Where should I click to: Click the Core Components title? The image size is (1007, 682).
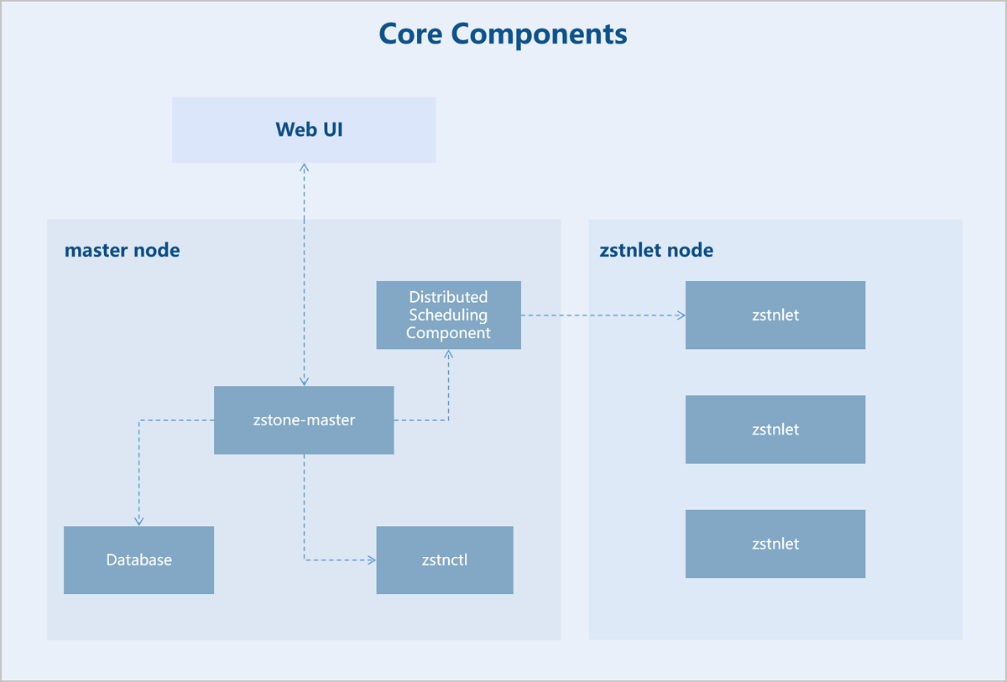[x=503, y=34]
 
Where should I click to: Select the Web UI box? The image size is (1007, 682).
[x=304, y=130]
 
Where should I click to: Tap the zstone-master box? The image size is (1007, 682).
[x=304, y=420]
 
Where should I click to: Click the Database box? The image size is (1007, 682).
[x=139, y=560]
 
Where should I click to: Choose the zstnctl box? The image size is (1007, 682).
[x=445, y=560]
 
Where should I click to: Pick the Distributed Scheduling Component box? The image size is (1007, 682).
[x=449, y=315]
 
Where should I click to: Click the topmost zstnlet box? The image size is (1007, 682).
[x=775, y=315]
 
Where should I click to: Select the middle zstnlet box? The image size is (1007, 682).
[x=775, y=430]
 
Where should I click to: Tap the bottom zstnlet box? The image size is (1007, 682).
[x=775, y=544]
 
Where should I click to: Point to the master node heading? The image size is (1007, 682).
[x=123, y=250]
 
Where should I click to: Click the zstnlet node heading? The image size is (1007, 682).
[x=656, y=250]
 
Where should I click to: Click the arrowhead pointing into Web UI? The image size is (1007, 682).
[x=305, y=167]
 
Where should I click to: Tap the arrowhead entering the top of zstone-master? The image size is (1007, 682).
[x=305, y=382]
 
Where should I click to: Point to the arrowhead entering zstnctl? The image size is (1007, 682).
[x=372, y=560]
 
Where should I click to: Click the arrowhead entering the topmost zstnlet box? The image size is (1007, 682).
[x=681, y=315]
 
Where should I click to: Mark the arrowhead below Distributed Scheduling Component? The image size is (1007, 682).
[x=449, y=354]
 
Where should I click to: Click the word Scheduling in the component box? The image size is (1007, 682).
[x=448, y=315]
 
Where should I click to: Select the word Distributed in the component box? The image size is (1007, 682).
[x=448, y=297]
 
